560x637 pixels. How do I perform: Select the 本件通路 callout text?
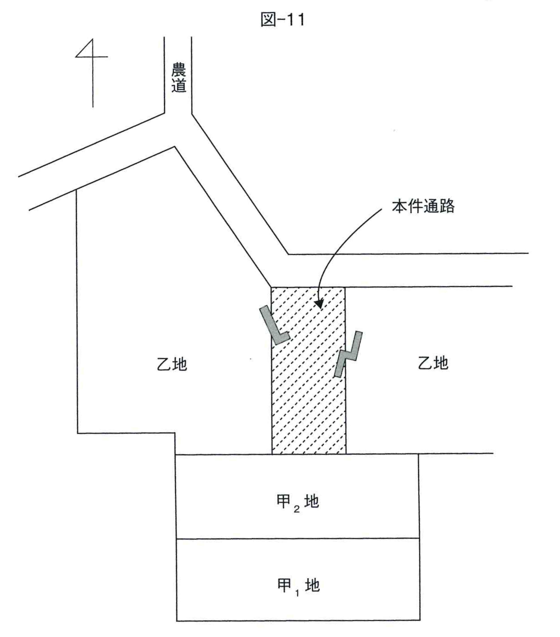click(423, 206)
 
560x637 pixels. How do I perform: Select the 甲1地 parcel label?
click(298, 586)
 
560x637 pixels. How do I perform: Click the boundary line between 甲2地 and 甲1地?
click(298, 538)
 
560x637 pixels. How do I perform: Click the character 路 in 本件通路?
click(447, 206)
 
